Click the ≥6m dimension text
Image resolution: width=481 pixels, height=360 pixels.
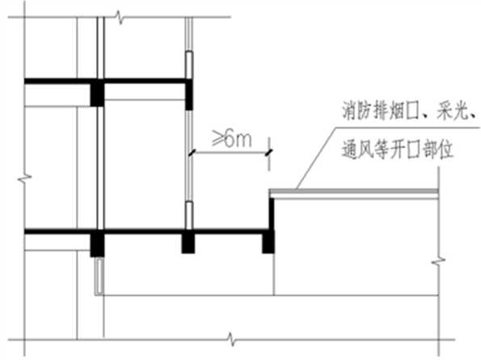[231, 139]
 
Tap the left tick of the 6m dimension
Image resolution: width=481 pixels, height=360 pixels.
[191, 153]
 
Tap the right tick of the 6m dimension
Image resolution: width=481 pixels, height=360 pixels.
[269, 152]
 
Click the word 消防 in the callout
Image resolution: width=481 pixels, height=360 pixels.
[356, 111]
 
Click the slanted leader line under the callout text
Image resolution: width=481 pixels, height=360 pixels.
[315, 158]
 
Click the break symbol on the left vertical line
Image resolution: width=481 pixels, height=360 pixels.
[24, 178]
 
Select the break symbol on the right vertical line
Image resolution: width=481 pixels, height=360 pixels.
[439, 261]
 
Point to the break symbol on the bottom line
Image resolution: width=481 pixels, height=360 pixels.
[232, 340]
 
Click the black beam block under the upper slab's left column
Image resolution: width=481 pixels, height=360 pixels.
[97, 93]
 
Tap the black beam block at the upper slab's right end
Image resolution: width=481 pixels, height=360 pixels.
[189, 94]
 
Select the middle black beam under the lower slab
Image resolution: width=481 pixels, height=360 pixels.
[188, 243]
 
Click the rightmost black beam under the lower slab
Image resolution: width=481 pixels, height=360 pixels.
[268, 243]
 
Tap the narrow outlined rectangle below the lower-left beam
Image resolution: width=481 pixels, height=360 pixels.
[99, 276]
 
